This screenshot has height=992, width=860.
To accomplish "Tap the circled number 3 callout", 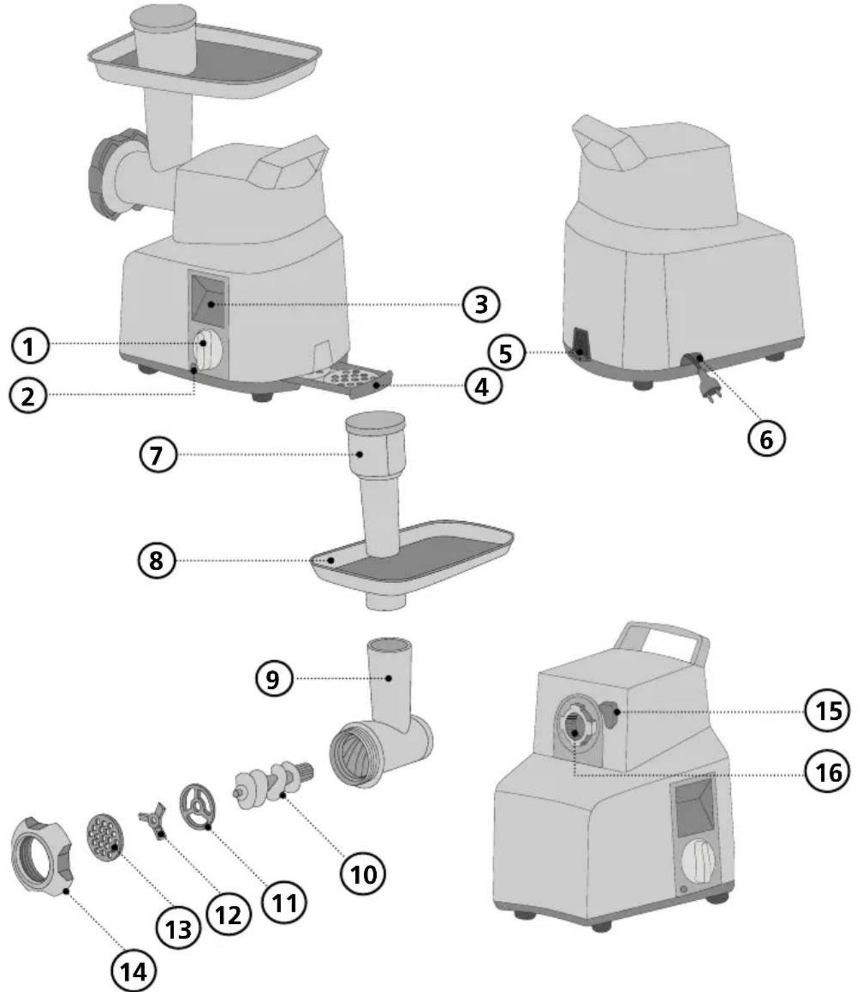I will pos(481,304).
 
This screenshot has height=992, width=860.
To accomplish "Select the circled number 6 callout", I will pos(766,439).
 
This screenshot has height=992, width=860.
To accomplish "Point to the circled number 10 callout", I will pos(364,873).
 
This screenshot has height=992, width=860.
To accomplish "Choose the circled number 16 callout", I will pos(828,772).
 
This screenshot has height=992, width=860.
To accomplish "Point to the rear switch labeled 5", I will pos(581,344).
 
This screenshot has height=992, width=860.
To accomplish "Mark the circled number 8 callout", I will pos(157,560).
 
